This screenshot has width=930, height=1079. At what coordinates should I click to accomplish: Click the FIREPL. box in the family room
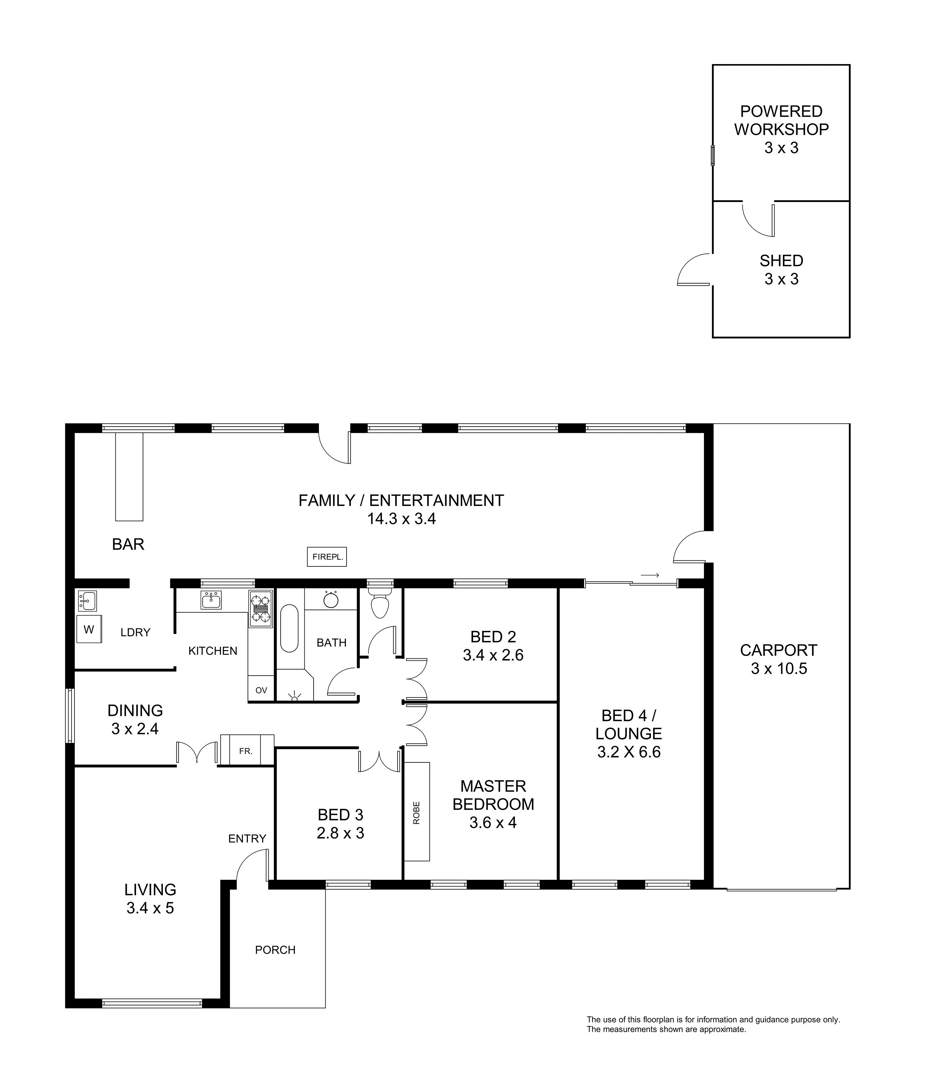pyautogui.click(x=327, y=557)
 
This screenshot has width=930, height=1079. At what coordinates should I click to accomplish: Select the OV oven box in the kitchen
pyautogui.click(x=261, y=690)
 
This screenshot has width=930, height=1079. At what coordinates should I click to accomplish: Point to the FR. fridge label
pyautogui.click(x=246, y=751)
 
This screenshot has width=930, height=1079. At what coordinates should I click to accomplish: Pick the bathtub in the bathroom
pyautogui.click(x=289, y=628)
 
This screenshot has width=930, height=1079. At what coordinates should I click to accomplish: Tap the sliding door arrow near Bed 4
pyautogui.click(x=650, y=575)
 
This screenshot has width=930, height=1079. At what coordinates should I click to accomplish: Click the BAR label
pyautogui.click(x=128, y=544)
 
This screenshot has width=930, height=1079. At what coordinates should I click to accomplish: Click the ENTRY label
pyautogui.click(x=247, y=838)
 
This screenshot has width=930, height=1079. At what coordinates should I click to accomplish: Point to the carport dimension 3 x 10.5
pyautogui.click(x=779, y=669)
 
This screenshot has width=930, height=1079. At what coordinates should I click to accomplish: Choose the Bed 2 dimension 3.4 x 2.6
pyautogui.click(x=493, y=655)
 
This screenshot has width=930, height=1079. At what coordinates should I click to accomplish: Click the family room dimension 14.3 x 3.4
pyautogui.click(x=401, y=519)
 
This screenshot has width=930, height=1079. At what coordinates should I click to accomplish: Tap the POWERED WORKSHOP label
pyautogui.click(x=782, y=120)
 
